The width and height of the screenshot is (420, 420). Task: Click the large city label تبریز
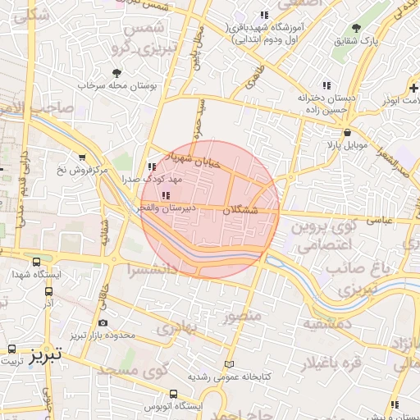point(44,355)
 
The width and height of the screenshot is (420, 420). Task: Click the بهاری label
point(179,329)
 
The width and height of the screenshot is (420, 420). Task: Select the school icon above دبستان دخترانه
point(326,85)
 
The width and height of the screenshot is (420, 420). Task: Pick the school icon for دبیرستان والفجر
point(166,195)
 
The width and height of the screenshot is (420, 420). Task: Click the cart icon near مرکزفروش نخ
point(81,157)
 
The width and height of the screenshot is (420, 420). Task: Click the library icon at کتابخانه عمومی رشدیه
point(229,364)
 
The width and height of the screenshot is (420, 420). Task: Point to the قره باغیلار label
point(344,362)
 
